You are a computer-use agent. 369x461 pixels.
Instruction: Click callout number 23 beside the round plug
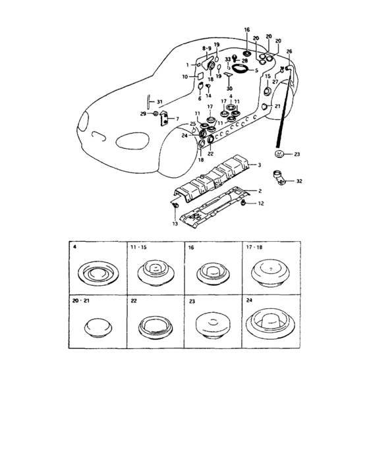coord(297,154)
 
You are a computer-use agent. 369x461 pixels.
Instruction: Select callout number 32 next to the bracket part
coord(299,181)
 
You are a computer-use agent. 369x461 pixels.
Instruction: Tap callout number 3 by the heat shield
coord(259,165)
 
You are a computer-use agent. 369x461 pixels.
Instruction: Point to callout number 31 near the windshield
coord(159,102)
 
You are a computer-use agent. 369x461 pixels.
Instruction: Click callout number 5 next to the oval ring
coord(256,70)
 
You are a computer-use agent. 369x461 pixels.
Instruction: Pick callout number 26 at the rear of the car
coord(289,51)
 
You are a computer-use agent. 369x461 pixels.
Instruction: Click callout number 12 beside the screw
coord(261,203)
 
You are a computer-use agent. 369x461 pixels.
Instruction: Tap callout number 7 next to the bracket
coord(177,119)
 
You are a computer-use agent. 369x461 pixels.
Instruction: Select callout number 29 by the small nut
coord(143,114)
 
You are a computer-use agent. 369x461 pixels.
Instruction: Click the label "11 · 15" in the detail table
coord(138,247)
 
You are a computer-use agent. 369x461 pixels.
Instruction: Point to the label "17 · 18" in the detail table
coord(254,247)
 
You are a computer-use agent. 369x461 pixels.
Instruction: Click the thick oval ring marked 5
coord(240,69)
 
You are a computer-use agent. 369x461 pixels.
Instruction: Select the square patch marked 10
coord(200,76)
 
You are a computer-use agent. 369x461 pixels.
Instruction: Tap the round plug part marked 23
coord(278,153)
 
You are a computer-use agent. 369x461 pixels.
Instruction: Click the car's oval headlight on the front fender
coord(132,141)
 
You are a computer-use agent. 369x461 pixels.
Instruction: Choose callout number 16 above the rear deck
coord(247,30)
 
